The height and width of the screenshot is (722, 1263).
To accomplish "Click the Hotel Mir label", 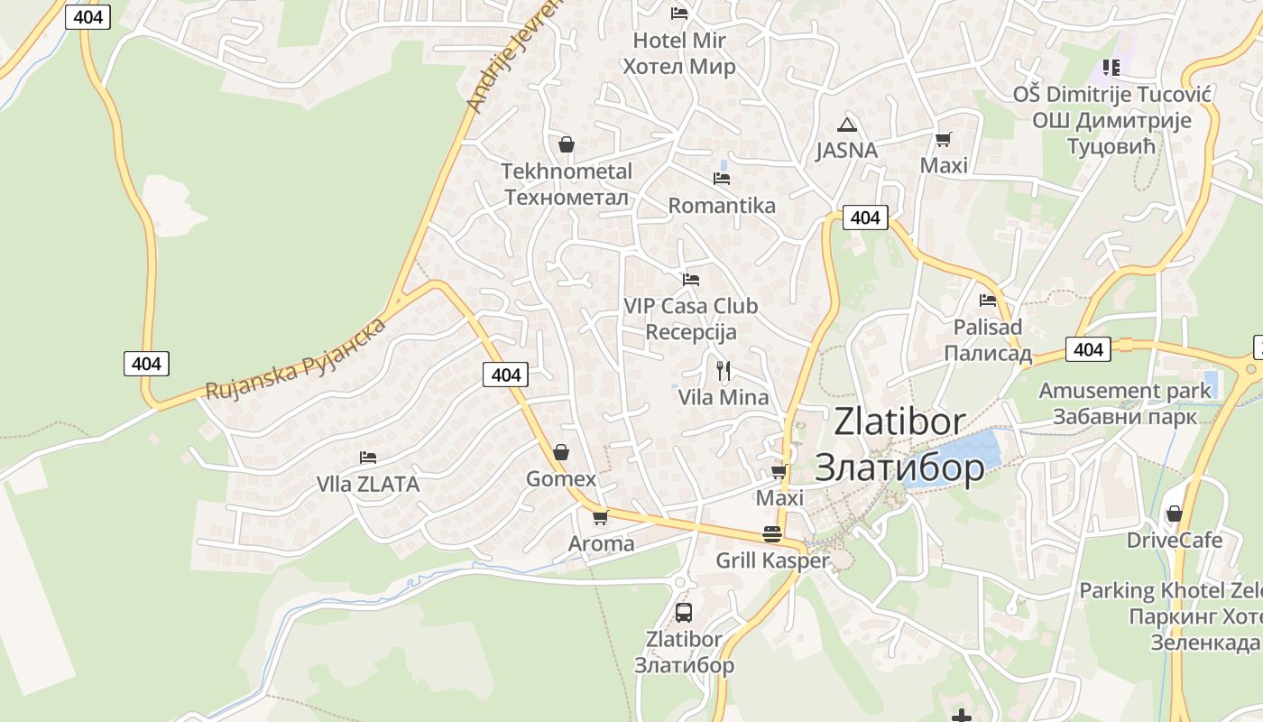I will [x=679, y=41].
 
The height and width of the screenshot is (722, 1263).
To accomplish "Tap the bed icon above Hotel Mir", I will [x=679, y=13].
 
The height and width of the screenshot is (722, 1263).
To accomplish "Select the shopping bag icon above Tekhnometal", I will [x=567, y=144].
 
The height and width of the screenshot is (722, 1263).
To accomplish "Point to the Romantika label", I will [x=722, y=206].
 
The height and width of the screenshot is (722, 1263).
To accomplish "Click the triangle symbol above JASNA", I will [x=846, y=125].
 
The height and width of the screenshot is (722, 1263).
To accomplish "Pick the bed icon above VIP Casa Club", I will [x=691, y=280].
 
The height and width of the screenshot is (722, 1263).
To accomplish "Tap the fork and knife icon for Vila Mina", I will [x=723, y=370].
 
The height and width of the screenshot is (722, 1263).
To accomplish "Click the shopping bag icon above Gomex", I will [x=561, y=452].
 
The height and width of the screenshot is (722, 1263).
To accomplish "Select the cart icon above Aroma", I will [x=600, y=517].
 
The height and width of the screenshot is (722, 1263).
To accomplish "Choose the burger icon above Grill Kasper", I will [x=771, y=533].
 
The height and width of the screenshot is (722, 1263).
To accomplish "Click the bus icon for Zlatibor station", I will [x=684, y=613].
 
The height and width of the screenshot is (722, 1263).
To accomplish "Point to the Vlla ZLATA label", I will [x=368, y=485].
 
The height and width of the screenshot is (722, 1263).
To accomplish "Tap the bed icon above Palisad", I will [x=988, y=301].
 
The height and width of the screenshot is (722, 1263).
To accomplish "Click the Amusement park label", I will [x=1125, y=391].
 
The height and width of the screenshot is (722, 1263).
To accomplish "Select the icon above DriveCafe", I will [x=1174, y=514].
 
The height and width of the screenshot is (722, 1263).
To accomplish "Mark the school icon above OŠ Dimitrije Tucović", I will [x=1111, y=67].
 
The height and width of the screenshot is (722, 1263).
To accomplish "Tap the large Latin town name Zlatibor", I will [x=899, y=421].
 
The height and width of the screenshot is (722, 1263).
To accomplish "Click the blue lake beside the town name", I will [x=965, y=457].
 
